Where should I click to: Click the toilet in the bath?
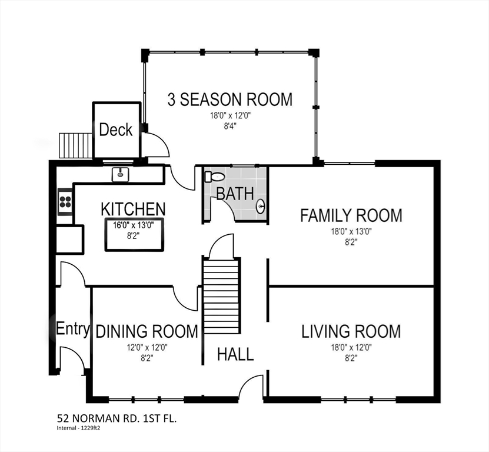pyautogui.click(x=215, y=177)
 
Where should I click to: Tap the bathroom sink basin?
pyautogui.click(x=261, y=206)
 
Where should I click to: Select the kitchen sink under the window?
pyautogui.click(x=121, y=174)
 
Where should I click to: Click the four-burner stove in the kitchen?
pyautogui.click(x=65, y=201)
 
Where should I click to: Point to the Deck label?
pyautogui.click(x=116, y=129)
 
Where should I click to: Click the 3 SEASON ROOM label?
pyautogui.click(x=230, y=99)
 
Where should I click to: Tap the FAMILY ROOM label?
pyautogui.click(x=351, y=215)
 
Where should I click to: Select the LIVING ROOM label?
pyautogui.click(x=351, y=331)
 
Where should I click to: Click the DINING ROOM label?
pyautogui.click(x=147, y=331)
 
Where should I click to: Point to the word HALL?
pyautogui.click(x=235, y=354)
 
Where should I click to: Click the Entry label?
pyautogui.click(x=73, y=329)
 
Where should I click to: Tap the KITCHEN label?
pyautogui.click(x=133, y=209)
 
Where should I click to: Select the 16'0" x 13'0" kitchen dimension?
pyautogui.click(x=134, y=225)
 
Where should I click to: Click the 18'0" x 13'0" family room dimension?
pyautogui.click(x=351, y=232)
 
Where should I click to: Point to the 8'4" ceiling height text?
pyautogui.click(x=230, y=127)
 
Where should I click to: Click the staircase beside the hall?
pyautogui.click(x=221, y=297)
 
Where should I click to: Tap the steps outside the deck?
pyautogui.click(x=75, y=145)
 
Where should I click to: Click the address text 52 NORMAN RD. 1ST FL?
pyautogui.click(x=117, y=418)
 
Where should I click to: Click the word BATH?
pyautogui.click(x=235, y=194)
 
